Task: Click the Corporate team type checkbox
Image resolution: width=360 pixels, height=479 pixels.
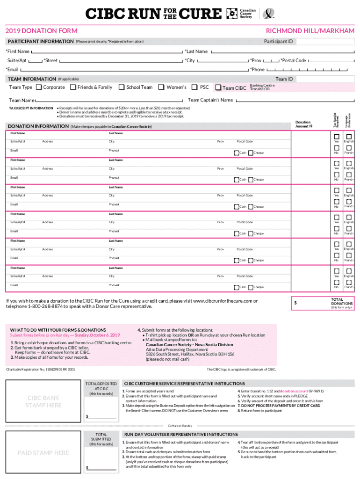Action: point(39,87)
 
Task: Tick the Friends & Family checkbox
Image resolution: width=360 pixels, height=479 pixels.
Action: point(73,87)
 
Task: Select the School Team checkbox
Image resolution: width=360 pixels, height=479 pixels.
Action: point(122,87)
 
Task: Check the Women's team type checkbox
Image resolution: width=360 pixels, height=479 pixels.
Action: point(161,87)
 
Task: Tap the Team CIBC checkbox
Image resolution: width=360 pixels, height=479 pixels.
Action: point(218,87)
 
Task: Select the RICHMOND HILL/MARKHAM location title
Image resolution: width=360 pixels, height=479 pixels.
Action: point(310,31)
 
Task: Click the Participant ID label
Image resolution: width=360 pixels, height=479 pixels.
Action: point(278,42)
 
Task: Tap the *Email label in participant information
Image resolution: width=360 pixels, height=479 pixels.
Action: point(13,70)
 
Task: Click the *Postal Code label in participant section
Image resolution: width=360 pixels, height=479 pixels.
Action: point(293,60)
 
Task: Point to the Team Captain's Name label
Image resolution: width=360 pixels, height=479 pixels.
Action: point(210,100)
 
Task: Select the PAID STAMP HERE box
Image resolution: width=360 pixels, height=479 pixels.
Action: point(43,453)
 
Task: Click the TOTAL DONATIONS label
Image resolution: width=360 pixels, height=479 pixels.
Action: point(341,302)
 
